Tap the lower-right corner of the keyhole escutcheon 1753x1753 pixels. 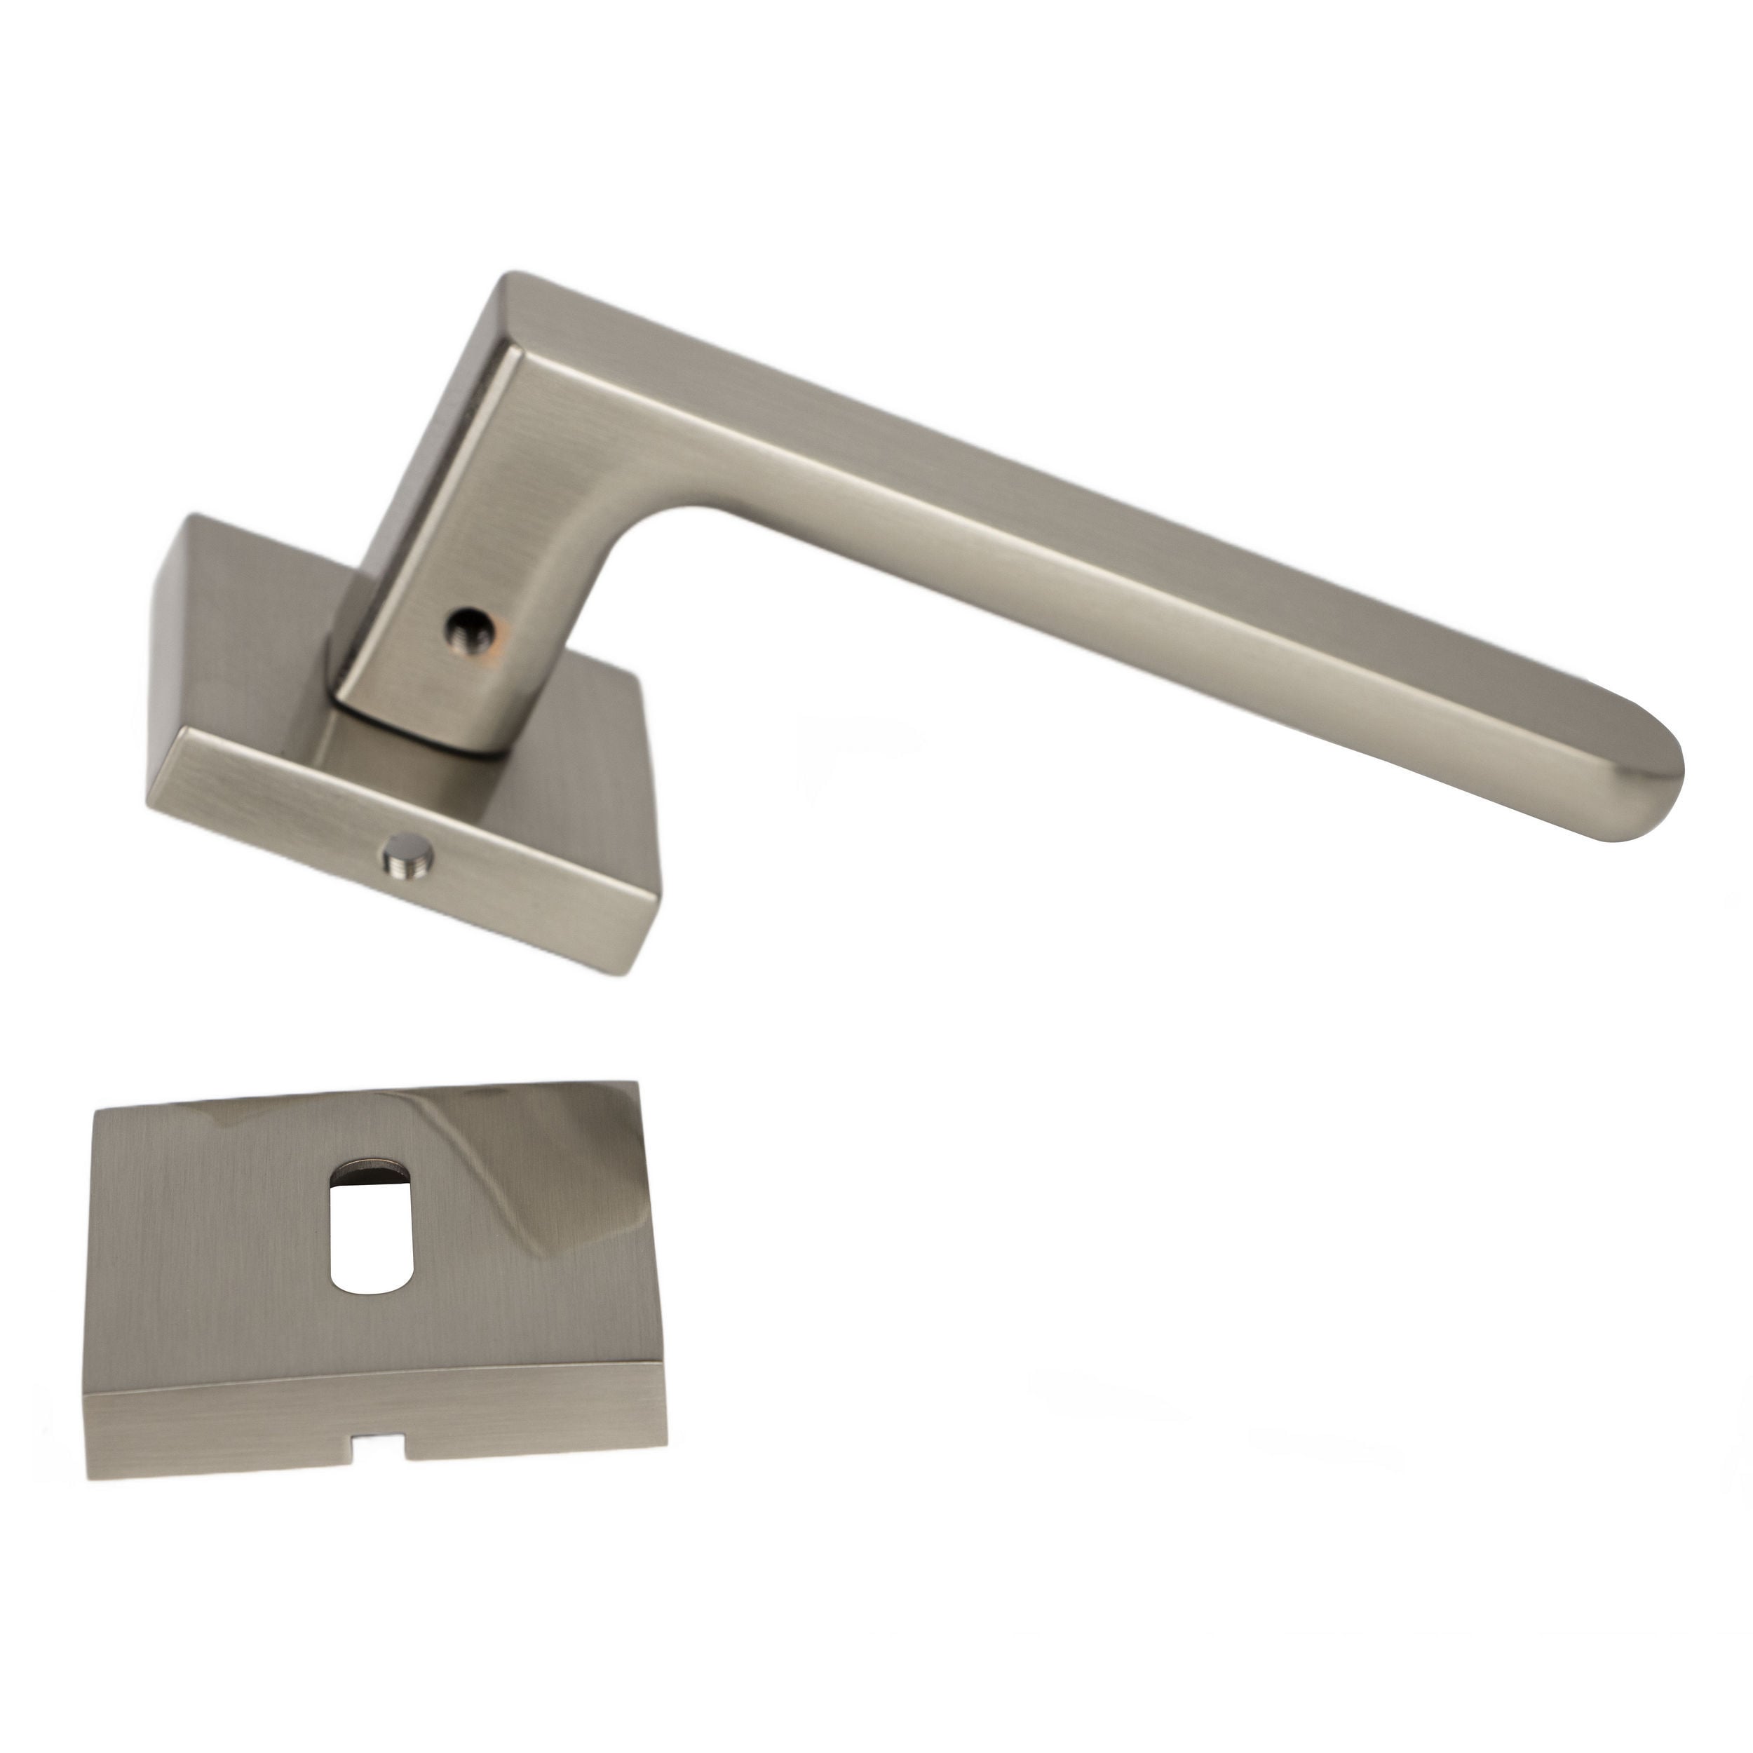[x=664, y=1442]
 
